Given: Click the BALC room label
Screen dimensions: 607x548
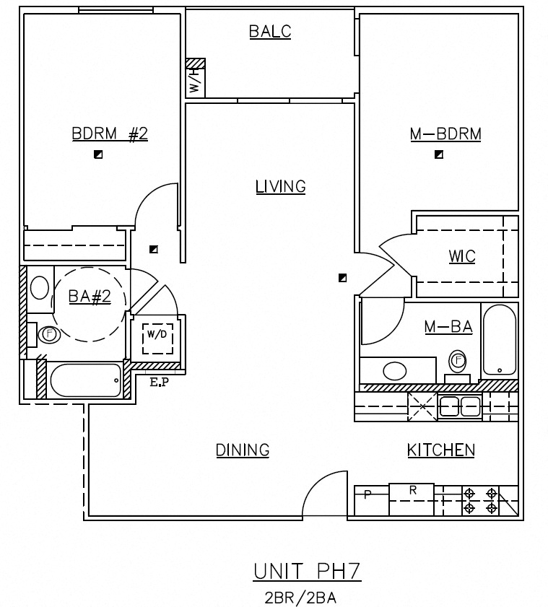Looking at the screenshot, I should pos(270,31).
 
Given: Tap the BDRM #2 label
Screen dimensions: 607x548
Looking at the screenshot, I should pos(110,134).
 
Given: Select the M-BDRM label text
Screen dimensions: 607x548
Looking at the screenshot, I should pos(445,134).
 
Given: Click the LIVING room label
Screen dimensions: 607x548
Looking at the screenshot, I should pos(281,187).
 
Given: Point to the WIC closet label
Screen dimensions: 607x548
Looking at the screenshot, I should pos(461,257).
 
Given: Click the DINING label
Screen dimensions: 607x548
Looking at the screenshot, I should pos(243,450).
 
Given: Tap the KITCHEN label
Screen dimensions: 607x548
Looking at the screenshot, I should pos(441,450).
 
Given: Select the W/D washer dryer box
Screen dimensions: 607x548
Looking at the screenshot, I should pos(157,336).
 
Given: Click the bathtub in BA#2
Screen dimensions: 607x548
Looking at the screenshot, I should pos(85,380).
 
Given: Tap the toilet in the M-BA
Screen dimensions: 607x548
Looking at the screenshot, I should pos(458,362).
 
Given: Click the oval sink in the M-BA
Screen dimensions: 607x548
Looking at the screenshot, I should pos(395,371).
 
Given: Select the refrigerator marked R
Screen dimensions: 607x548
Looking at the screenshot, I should pos(412,499).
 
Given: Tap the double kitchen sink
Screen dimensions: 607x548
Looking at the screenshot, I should pos(460,406).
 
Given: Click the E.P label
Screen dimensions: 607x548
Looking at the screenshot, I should pos(159,383).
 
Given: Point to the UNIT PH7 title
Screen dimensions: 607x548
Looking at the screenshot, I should pos(306,573).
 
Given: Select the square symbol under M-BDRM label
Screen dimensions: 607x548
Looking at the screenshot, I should pos(439,154).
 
